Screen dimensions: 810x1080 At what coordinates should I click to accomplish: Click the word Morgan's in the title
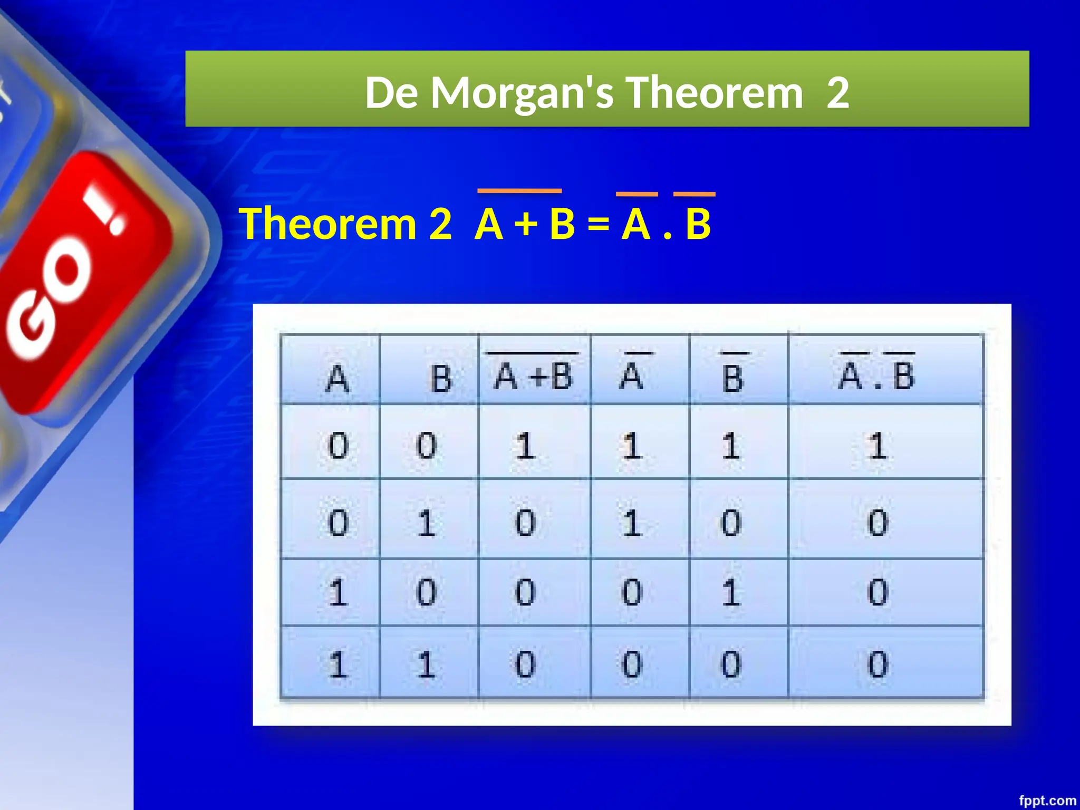(522, 93)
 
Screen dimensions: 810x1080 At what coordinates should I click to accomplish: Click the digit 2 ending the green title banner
(837, 93)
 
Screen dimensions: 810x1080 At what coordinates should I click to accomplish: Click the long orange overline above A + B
(519, 191)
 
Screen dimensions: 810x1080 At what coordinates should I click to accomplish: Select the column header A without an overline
(337, 378)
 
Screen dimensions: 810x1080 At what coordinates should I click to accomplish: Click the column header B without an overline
(441, 378)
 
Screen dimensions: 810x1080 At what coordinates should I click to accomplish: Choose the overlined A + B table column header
(533, 375)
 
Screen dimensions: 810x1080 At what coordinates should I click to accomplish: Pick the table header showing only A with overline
(632, 375)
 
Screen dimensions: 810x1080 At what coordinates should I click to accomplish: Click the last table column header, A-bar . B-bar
(876, 375)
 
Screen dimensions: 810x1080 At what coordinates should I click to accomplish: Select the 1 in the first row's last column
(877, 446)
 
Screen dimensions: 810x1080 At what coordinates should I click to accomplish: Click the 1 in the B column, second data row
(426, 523)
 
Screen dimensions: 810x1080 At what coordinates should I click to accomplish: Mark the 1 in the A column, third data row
(338, 592)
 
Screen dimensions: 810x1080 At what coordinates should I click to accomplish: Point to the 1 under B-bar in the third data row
(731, 592)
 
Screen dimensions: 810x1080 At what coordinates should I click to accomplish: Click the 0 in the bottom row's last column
(877, 664)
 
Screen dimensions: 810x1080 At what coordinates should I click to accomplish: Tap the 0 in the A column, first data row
(338, 446)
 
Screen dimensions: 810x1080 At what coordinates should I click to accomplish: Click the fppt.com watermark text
(1047, 801)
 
